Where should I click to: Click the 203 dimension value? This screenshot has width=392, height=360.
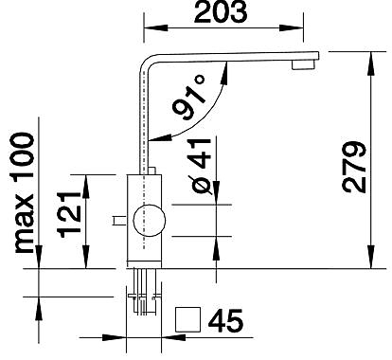pyautogui.click(x=221, y=11)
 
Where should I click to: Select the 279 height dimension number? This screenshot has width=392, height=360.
pyautogui.click(x=354, y=168)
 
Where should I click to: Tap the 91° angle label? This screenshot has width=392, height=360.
pyautogui.click(x=189, y=97)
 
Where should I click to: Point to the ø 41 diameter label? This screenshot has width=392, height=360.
pyautogui.click(x=201, y=166)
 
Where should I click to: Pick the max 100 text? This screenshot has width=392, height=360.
pyautogui.click(x=24, y=192)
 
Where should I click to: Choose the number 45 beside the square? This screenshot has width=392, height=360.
pyautogui.click(x=225, y=320)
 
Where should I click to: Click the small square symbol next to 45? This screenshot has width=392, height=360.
pyautogui.click(x=187, y=319)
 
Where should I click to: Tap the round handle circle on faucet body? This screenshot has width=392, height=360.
pyautogui.click(x=150, y=220)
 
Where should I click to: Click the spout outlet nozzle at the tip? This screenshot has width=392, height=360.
pyautogui.click(x=303, y=65)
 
